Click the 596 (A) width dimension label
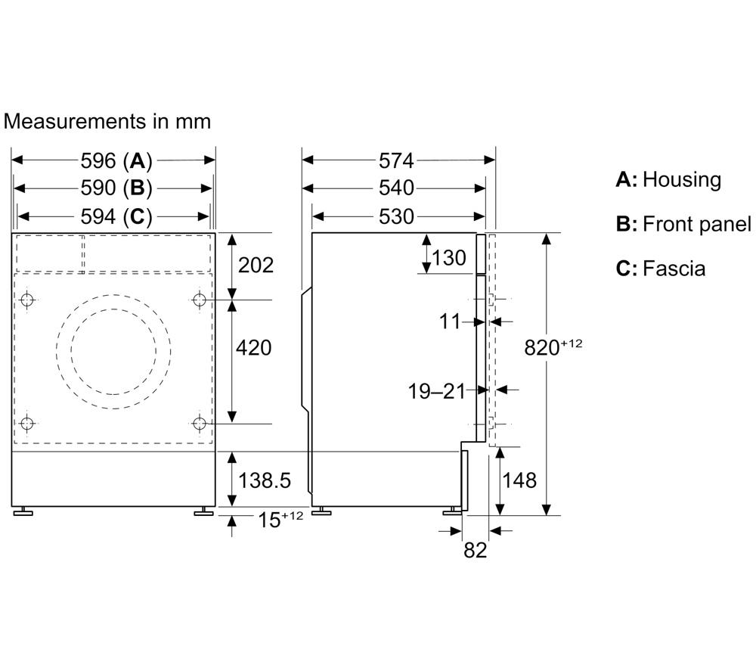pos(116,160)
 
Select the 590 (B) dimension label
pos(116,188)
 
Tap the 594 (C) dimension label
pos(116,216)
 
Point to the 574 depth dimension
pos(396,160)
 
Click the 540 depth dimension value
pos(396,188)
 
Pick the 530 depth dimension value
pos(396,216)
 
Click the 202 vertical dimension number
pos(256,265)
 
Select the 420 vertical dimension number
pos(253,348)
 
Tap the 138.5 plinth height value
pos(265,480)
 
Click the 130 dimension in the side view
pos(449,258)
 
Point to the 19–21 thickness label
pos(437,391)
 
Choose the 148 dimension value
pos(519,480)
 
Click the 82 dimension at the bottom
pos(476,550)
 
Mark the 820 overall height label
pos(553,346)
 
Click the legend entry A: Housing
pos(668,179)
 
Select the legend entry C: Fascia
pos(660,269)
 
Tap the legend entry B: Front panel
pos(683,225)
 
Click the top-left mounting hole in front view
pos(27,300)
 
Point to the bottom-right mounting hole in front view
pos(199,424)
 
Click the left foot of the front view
pos(23,511)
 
